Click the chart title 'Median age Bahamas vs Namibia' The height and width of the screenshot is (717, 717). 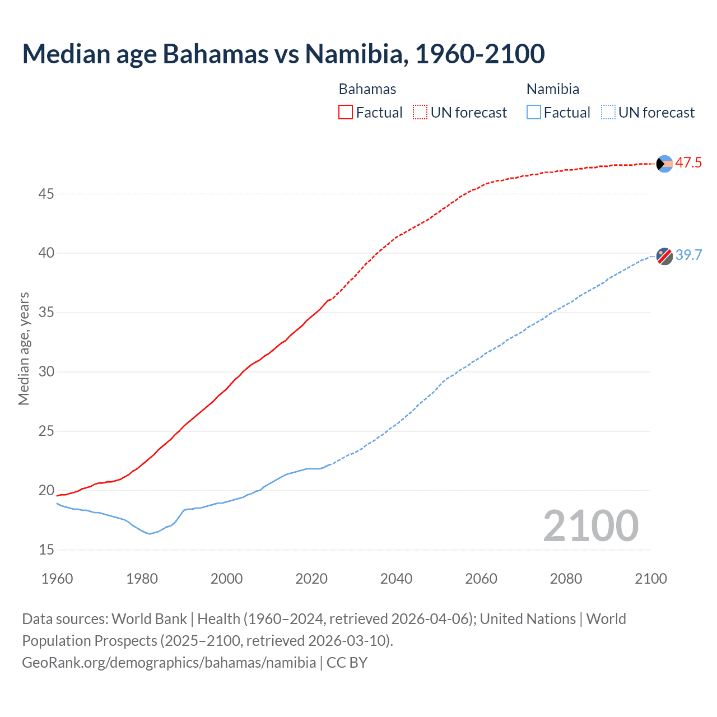pyautogui.click(x=283, y=54)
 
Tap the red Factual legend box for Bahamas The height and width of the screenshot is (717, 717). pyautogui.click(x=346, y=112)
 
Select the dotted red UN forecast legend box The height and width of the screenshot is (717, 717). pyautogui.click(x=420, y=112)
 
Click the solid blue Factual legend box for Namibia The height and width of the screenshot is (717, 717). pyautogui.click(x=534, y=112)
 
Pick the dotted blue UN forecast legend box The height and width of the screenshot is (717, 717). pyautogui.click(x=608, y=112)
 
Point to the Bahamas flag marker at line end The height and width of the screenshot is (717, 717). pyautogui.click(x=664, y=164)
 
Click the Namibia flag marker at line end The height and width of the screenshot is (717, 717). pyautogui.click(x=664, y=256)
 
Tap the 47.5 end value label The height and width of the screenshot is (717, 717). pyautogui.click(x=688, y=163)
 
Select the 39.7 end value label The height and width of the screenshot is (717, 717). pyautogui.click(x=688, y=255)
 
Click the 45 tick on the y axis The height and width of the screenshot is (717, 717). pyautogui.click(x=46, y=194)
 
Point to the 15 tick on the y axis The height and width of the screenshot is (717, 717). pyautogui.click(x=46, y=550)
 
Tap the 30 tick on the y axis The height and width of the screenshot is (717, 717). pyautogui.click(x=46, y=372)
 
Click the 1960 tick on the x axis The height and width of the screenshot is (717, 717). pyautogui.click(x=57, y=579)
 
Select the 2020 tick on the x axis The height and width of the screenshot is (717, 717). pyautogui.click(x=311, y=579)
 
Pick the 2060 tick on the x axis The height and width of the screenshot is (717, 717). pyautogui.click(x=481, y=579)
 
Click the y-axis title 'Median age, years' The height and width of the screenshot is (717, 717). pyautogui.click(x=24, y=348)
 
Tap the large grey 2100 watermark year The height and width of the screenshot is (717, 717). pyautogui.click(x=590, y=526)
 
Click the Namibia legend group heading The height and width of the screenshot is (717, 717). pyautogui.click(x=552, y=89)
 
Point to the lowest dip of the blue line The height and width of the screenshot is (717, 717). pyautogui.click(x=150, y=533)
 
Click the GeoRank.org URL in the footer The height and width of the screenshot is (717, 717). pyautogui.click(x=169, y=663)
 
